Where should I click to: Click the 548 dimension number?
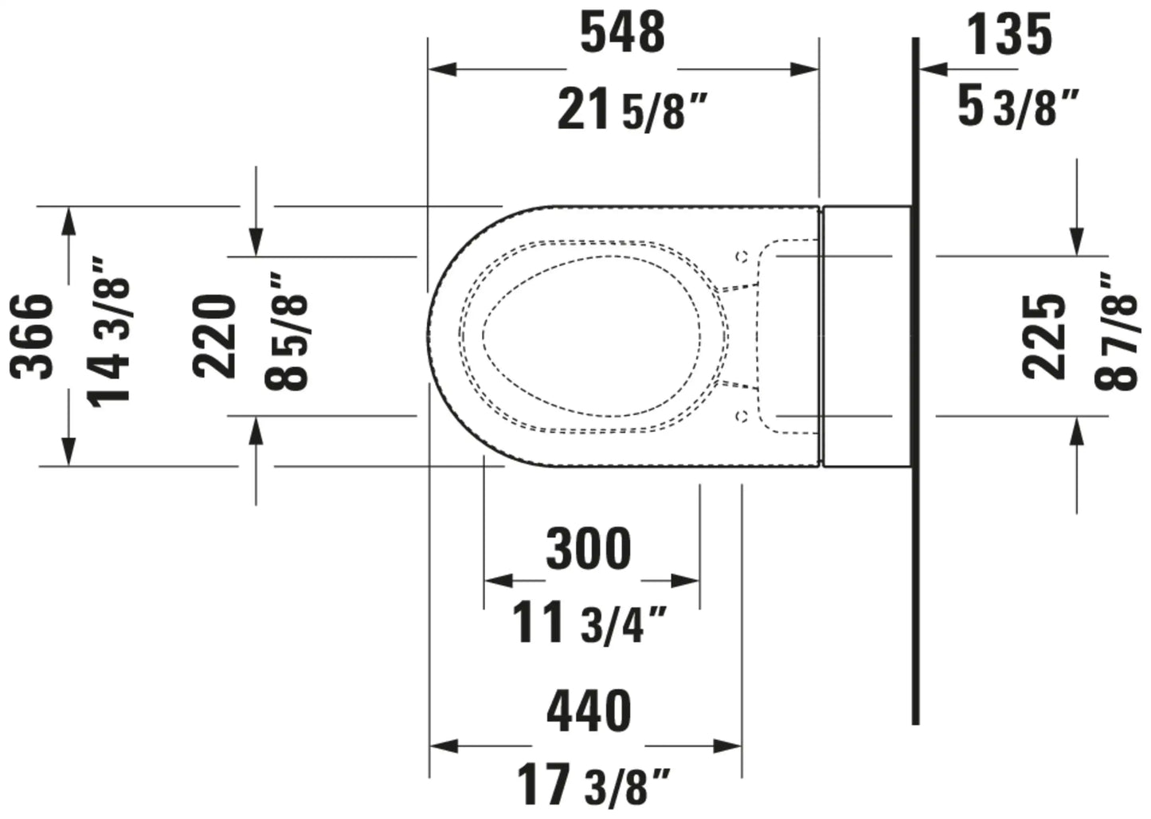pyautogui.click(x=623, y=33)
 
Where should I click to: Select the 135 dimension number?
pyautogui.click(x=1010, y=35)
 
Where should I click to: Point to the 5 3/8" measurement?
pyautogui.click(x=1017, y=107)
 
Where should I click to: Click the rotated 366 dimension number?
pyautogui.click(x=32, y=336)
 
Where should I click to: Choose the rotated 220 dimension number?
pyautogui.click(x=214, y=336)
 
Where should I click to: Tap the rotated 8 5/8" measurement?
pyautogui.click(x=286, y=332)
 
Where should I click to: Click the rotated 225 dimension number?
pyautogui.click(x=1043, y=336)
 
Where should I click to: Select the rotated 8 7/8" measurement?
pyautogui.click(x=1116, y=332)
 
